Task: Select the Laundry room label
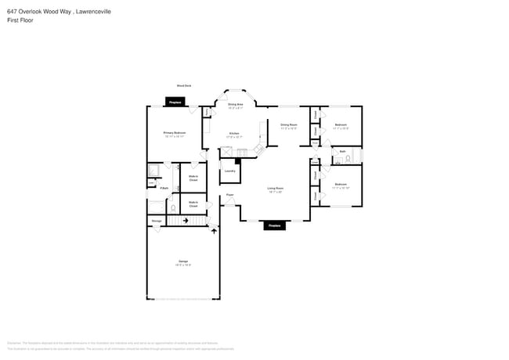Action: (x=229, y=171)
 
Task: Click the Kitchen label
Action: (x=233, y=134)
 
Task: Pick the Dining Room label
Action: (x=288, y=124)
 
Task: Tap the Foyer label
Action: (x=230, y=194)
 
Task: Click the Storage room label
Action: (x=157, y=221)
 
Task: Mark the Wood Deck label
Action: (x=183, y=86)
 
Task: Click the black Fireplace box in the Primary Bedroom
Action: (x=176, y=102)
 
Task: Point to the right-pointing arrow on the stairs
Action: (x=186, y=221)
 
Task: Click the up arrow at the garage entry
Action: (x=215, y=232)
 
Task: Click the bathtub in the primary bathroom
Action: (x=154, y=170)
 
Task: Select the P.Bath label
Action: (x=164, y=188)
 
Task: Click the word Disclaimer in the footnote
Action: (x=13, y=342)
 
